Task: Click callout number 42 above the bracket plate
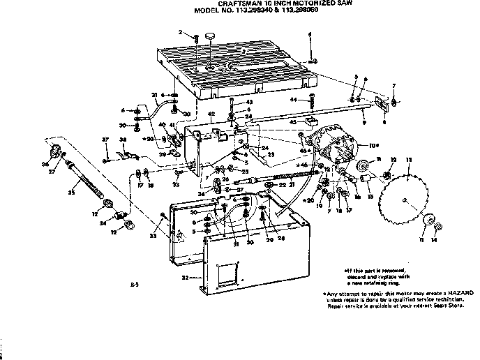pyautogui.click(x=211, y=113)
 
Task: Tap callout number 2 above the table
pyautogui.click(x=180, y=32)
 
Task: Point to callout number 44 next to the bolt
pyautogui.click(x=294, y=100)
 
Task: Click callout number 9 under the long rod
pyautogui.click(x=363, y=122)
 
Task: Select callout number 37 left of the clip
pyautogui.click(x=105, y=140)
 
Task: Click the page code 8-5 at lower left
pyautogui.click(x=134, y=285)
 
